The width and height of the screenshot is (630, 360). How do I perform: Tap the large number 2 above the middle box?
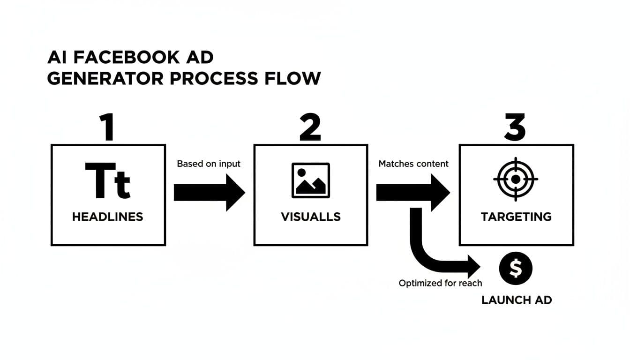pos(310,127)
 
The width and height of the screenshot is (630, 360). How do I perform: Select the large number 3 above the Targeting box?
pos(515,127)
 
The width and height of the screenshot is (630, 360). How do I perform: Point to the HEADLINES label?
pos(108,217)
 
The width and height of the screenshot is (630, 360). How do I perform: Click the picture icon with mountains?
pos(310,180)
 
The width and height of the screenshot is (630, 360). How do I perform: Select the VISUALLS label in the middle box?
pos(310,217)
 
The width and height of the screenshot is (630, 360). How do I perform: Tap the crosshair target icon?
pos(516,179)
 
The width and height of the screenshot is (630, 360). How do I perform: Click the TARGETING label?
pos(516,217)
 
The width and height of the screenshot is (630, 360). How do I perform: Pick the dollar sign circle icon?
pos(516,269)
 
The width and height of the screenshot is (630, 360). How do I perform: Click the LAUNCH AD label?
pos(517,300)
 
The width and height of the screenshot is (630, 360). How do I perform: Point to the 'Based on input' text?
pos(209,164)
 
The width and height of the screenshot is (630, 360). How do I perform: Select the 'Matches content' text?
pos(413,164)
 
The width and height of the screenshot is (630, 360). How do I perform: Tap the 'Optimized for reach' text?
pos(440,283)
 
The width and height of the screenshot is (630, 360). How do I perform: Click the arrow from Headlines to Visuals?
pos(209,192)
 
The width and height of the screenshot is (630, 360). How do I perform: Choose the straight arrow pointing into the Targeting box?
pos(412,192)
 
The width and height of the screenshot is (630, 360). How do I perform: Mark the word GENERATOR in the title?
pos(105,78)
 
